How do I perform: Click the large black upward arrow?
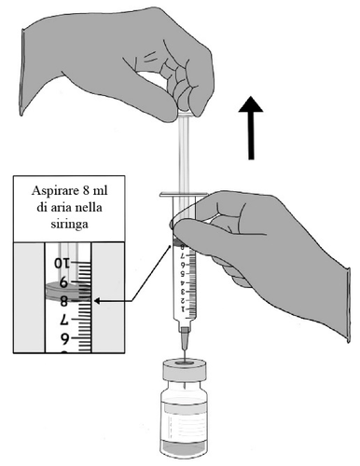tap(251, 128)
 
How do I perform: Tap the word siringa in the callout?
tap(69, 224)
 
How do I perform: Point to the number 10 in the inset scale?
tap(62, 264)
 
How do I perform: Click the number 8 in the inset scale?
tap(63, 301)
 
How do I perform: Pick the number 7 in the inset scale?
tap(63, 319)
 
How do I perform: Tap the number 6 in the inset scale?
tap(63, 337)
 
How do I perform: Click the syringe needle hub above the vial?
tap(185, 335)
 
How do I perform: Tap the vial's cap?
tap(185, 369)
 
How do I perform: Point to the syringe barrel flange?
tap(184, 195)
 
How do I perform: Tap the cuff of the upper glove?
tap(22, 73)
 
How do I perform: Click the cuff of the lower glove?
tap(348, 305)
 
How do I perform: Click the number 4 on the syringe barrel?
tap(183, 282)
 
